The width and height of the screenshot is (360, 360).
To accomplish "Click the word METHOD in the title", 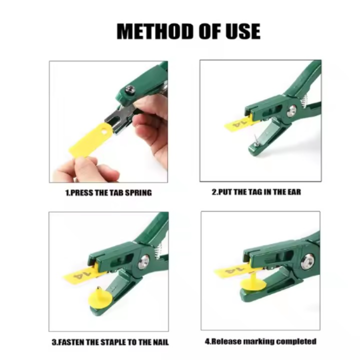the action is click(155, 31).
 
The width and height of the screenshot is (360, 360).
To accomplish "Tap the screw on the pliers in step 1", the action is click(130, 89).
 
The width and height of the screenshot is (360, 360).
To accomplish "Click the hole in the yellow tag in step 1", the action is click(104, 131).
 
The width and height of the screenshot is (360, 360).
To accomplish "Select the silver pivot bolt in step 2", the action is click(292, 110).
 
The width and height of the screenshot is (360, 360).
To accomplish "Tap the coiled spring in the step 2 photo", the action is click(303, 100).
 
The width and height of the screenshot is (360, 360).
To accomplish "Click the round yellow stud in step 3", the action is click(100, 298).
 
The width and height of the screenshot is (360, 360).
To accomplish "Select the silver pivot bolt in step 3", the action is click(144, 261).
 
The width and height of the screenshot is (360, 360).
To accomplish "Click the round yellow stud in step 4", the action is click(253, 283).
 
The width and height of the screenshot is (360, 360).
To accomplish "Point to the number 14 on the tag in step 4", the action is click(234, 269).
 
